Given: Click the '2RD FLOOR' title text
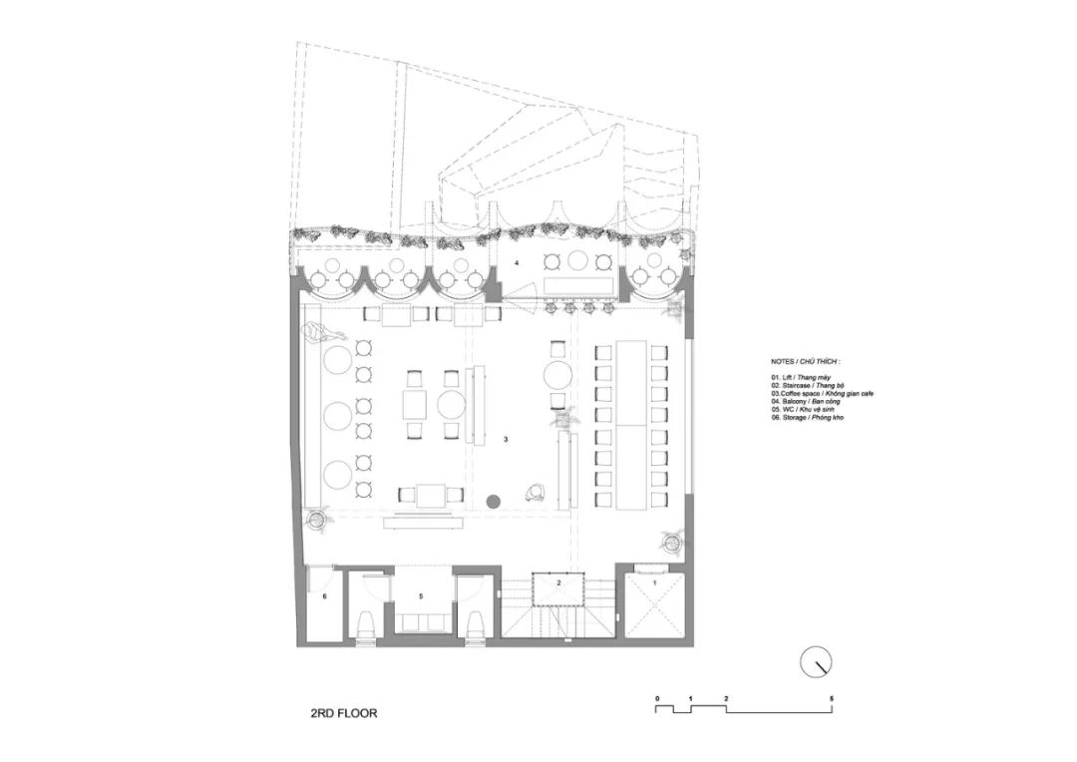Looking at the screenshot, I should pyautogui.click(x=344, y=714).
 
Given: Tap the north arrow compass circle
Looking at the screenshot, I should pyautogui.click(x=817, y=660).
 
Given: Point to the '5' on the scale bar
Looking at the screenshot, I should pyautogui.click(x=831, y=697).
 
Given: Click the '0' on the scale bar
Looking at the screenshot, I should pyautogui.click(x=657, y=697).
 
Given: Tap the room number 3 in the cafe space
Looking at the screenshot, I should pyautogui.click(x=507, y=439).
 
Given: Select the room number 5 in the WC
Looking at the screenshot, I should pyautogui.click(x=421, y=595).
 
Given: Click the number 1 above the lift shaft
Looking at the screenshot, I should pyautogui.click(x=654, y=581).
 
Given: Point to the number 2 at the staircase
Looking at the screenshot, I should pyautogui.click(x=559, y=581).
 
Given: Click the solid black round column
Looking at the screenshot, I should pyautogui.click(x=493, y=500).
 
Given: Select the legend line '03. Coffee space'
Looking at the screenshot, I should pyautogui.click(x=822, y=393).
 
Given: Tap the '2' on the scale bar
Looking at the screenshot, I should pyautogui.click(x=727, y=697).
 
